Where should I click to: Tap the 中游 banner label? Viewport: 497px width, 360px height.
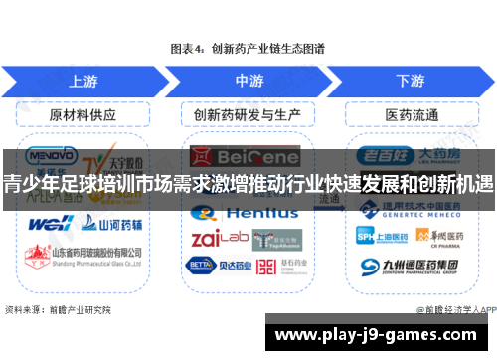point(248,80)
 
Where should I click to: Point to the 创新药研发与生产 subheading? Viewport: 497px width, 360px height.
point(248,114)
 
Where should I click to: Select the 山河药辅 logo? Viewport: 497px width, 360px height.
point(104,223)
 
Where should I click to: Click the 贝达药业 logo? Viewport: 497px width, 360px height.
point(215,266)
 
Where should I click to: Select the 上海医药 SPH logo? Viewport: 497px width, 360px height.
point(381,235)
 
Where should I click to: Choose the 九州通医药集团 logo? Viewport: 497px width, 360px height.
point(412,266)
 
